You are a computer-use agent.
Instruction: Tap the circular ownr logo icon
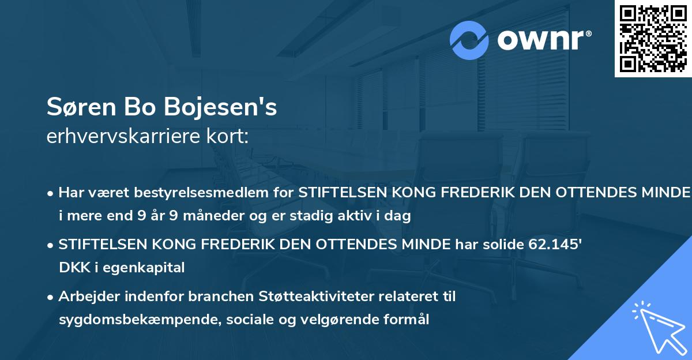(469, 40)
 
